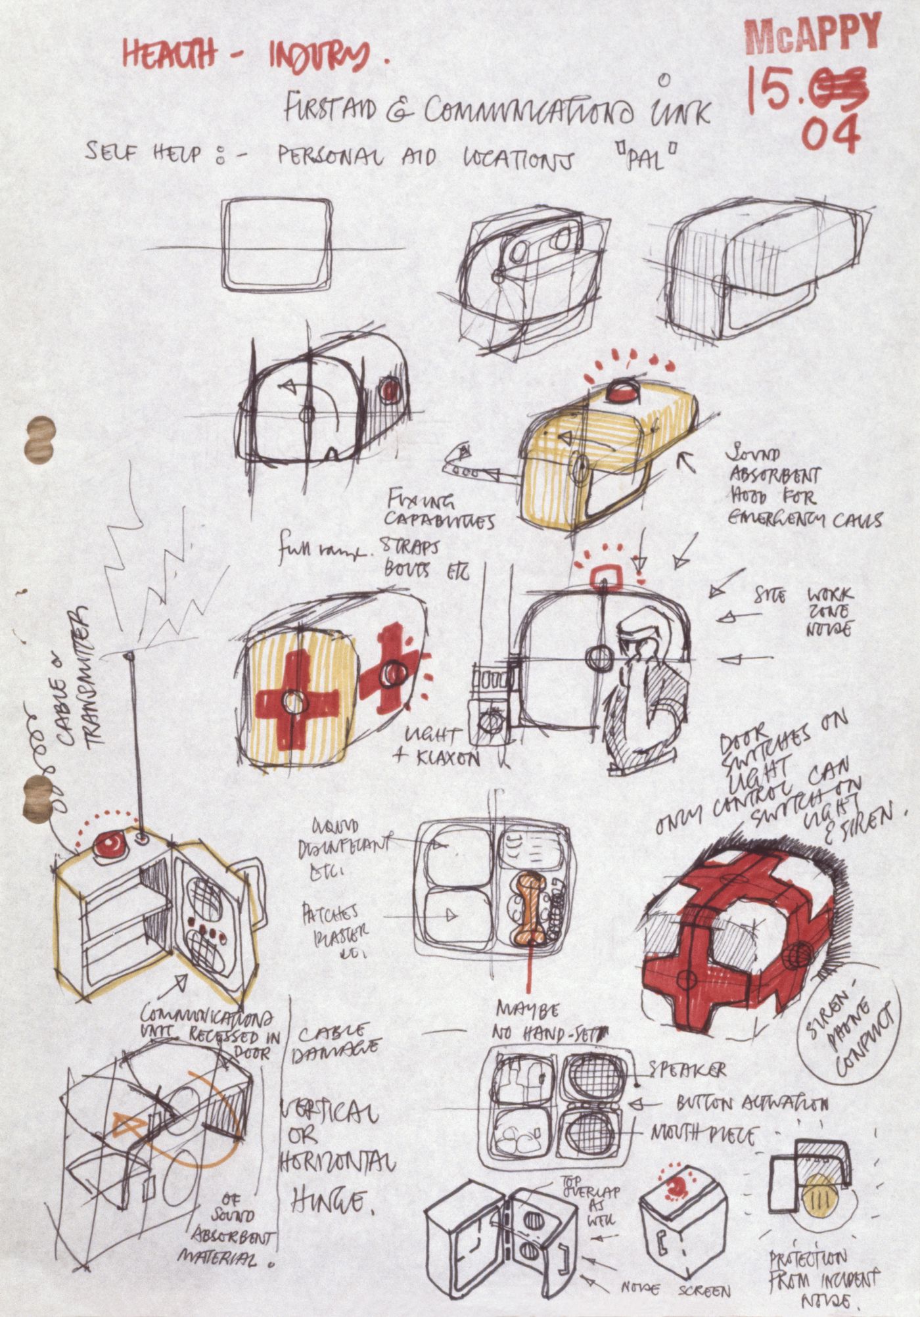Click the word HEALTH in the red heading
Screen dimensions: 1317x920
click(x=168, y=56)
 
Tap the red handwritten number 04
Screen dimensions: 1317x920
click(x=831, y=134)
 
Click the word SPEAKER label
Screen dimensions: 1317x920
click(x=687, y=1069)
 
